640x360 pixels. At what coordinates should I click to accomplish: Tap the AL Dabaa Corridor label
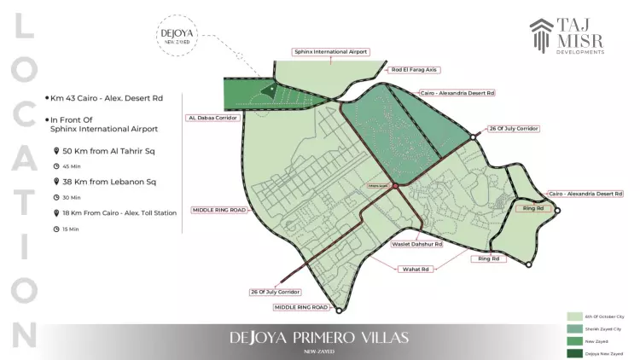click(212, 118)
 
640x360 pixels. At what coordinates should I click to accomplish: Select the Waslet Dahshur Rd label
click(416, 244)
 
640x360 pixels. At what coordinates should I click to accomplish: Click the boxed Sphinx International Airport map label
click(330, 52)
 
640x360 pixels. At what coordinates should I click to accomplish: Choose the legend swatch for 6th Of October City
click(575, 316)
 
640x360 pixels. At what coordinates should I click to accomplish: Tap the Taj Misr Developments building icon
click(542, 37)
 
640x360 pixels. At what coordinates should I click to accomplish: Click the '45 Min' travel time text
click(71, 166)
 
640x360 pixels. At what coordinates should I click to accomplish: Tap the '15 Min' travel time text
click(71, 229)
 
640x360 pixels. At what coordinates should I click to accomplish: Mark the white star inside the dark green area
click(271, 88)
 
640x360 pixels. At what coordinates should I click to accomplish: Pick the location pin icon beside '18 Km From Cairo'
click(56, 212)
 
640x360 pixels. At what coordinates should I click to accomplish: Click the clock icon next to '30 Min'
click(56, 198)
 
